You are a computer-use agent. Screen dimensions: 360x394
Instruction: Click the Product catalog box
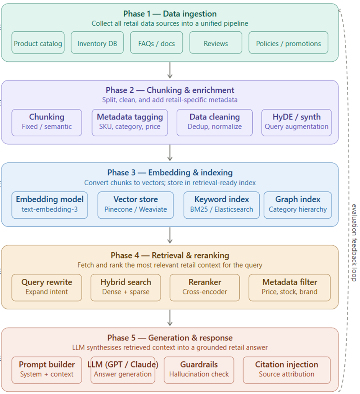pyautogui.click(x=38, y=43)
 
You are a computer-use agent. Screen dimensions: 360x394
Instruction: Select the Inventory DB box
pyautogui.click(x=97, y=43)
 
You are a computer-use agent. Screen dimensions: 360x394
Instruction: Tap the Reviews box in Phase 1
pyautogui.click(x=216, y=43)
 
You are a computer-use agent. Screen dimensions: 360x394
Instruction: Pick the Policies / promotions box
pyautogui.click(x=288, y=43)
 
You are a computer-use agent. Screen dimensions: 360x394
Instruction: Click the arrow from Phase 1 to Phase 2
pyautogui.click(x=170, y=70)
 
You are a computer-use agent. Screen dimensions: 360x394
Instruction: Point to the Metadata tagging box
pyautogui.click(x=130, y=123)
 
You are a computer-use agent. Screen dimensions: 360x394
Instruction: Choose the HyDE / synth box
pyautogui.click(x=296, y=123)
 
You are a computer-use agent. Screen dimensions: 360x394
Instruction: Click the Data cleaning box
pyautogui.click(x=215, y=123)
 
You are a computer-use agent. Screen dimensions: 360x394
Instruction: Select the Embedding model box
pyautogui.click(x=49, y=205)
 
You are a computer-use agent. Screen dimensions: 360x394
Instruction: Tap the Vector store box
pyautogui.click(x=136, y=205)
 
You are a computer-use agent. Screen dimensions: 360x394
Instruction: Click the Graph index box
pyautogui.click(x=298, y=205)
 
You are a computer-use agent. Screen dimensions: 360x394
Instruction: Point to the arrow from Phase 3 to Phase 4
pyautogui.click(x=170, y=235)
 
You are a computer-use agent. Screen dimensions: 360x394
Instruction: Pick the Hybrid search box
pyautogui.click(x=126, y=288)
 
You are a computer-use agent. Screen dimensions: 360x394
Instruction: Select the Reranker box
pyautogui.click(x=205, y=288)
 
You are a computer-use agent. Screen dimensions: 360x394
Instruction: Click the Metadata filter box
pyautogui.click(x=290, y=288)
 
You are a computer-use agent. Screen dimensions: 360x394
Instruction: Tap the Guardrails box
pyautogui.click(x=199, y=370)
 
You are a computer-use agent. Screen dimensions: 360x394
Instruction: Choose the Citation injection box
pyautogui.click(x=286, y=370)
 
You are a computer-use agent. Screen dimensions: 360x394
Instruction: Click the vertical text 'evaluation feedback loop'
pyautogui.click(x=354, y=243)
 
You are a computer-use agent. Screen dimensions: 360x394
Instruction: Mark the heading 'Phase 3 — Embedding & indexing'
pyautogui.click(x=170, y=173)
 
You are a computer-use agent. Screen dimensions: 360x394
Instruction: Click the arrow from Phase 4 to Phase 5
pyautogui.click(x=170, y=318)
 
